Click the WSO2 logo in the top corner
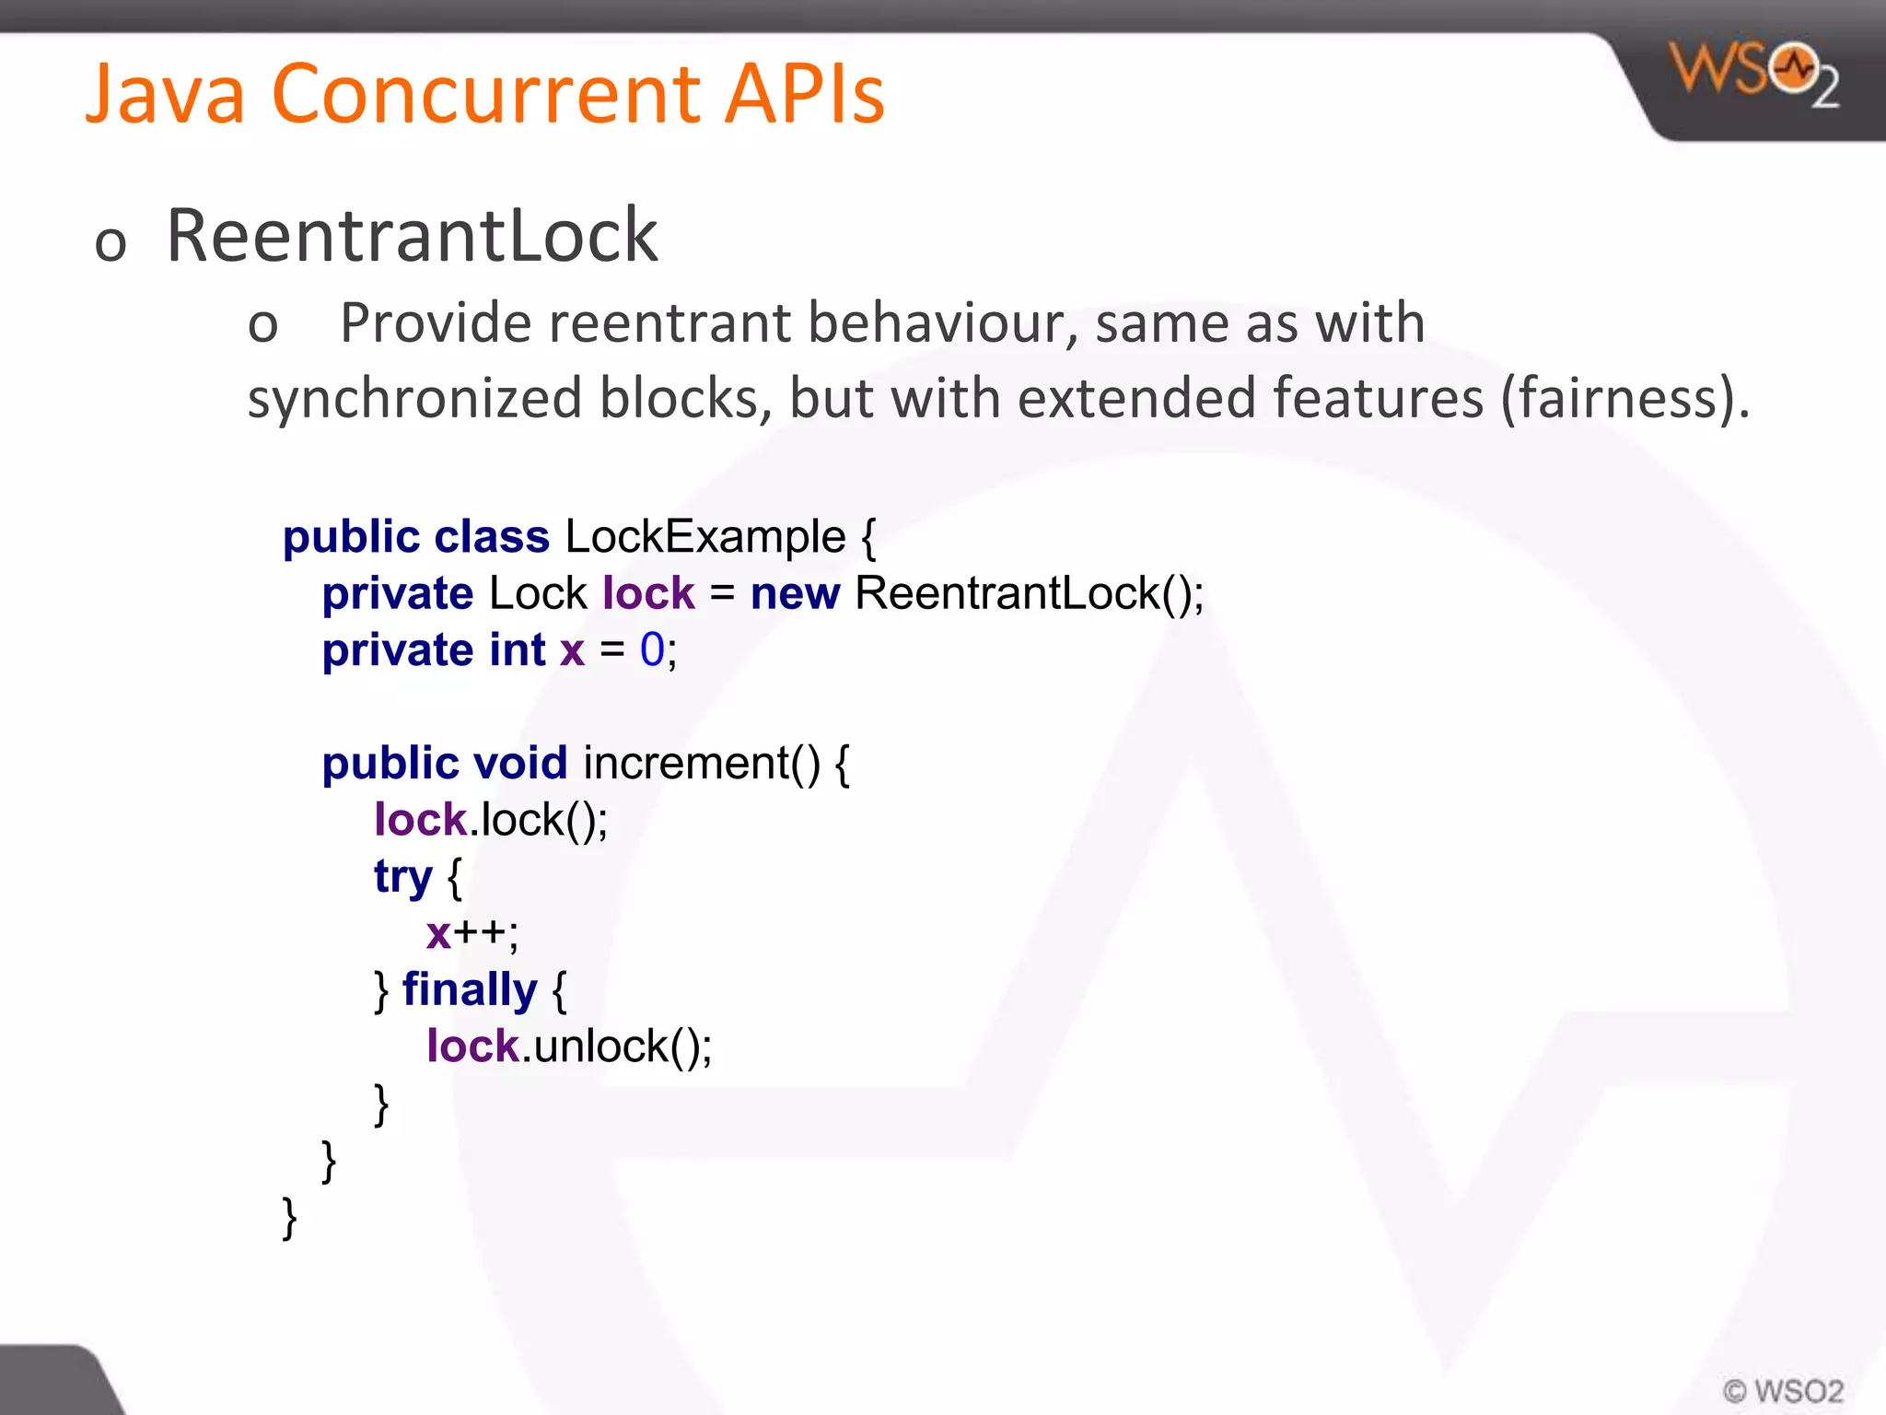point(1753,74)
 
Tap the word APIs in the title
point(803,94)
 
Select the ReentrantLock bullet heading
point(412,236)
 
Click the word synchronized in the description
point(414,399)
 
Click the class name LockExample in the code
point(704,537)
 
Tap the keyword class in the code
point(492,537)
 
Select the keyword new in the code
point(795,593)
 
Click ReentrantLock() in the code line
point(1028,593)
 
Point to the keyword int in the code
point(518,650)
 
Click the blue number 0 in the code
point(652,650)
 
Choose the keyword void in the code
point(520,764)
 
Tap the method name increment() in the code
point(701,764)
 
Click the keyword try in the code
point(402,877)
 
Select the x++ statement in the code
point(471,933)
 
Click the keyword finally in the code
point(470,990)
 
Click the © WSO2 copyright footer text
point(1783,1390)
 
